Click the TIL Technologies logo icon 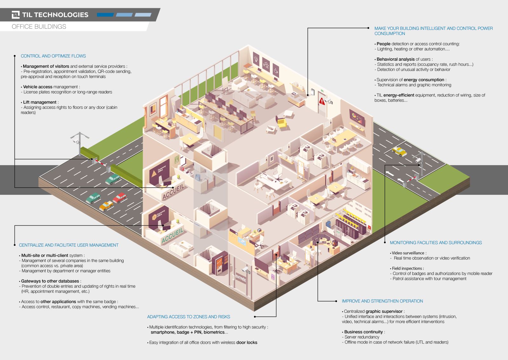[16, 15]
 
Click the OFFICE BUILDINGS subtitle [39, 27]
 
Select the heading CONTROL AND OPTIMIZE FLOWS [53, 56]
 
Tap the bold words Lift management [40, 102]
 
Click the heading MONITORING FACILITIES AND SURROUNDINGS [436, 243]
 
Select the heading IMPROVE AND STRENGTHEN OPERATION [383, 301]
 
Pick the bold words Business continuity [363, 332]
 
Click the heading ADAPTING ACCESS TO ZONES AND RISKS [188, 317]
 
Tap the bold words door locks [247, 342]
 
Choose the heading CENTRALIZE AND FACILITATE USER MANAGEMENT [69, 245]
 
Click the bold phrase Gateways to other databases [50, 281]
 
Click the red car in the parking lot [119, 197]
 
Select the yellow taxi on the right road [399, 151]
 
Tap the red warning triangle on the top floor [322, 101]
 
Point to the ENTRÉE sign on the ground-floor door [240, 278]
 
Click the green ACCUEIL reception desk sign [173, 236]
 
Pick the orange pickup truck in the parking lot [106, 206]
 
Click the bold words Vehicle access [37, 87]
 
